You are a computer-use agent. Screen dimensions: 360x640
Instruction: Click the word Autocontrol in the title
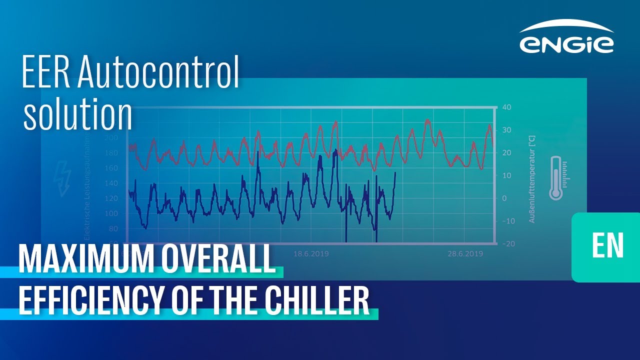pyautogui.click(x=159, y=72)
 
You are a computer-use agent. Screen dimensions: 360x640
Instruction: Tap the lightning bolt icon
pyautogui.click(x=63, y=178)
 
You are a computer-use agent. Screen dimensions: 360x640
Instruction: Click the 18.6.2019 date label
pyautogui.click(x=311, y=254)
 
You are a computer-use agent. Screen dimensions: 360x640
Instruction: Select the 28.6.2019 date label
pyautogui.click(x=465, y=254)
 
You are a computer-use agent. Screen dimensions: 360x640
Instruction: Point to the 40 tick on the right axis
pyautogui.click(x=506, y=107)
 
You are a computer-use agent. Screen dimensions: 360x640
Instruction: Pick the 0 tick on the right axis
pyautogui.click(x=504, y=198)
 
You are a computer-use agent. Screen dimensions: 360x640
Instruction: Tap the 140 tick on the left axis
pyautogui.click(x=111, y=183)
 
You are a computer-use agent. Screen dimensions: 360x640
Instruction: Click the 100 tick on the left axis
pyautogui.click(x=111, y=214)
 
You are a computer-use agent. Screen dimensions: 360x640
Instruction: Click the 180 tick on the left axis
pyautogui.click(x=111, y=153)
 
